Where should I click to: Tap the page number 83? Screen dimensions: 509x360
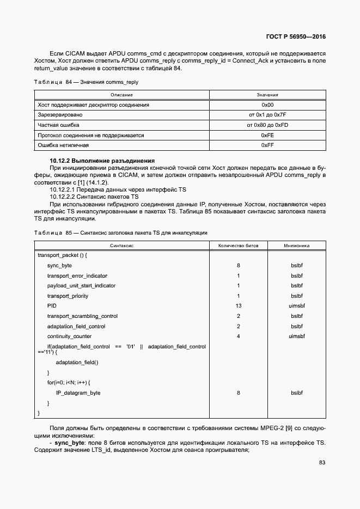point(322,463)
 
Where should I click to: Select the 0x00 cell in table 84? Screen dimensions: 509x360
point(267,105)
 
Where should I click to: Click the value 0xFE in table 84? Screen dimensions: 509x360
point(267,135)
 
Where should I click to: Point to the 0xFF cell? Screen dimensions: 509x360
point(267,145)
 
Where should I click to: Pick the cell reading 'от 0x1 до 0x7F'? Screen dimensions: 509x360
point(267,115)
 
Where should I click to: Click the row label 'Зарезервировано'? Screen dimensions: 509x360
point(60,115)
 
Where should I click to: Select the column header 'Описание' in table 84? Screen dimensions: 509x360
point(122,95)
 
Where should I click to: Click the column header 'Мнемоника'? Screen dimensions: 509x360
point(296,246)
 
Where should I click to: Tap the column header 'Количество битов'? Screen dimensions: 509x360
point(239,246)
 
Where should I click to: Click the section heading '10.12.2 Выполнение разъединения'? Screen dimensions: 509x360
point(102,161)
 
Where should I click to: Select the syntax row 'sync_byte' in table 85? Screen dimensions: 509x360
point(59,266)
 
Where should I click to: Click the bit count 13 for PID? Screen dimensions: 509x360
point(239,306)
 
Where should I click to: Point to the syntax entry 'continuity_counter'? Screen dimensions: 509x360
point(69,336)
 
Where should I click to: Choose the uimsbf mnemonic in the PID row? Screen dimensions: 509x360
point(296,306)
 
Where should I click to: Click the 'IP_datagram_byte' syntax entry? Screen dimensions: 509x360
point(78,393)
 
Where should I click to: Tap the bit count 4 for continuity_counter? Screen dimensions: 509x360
point(239,336)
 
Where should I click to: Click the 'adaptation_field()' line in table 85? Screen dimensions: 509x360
point(77,362)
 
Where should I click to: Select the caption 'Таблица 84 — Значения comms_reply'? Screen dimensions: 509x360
point(86,82)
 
